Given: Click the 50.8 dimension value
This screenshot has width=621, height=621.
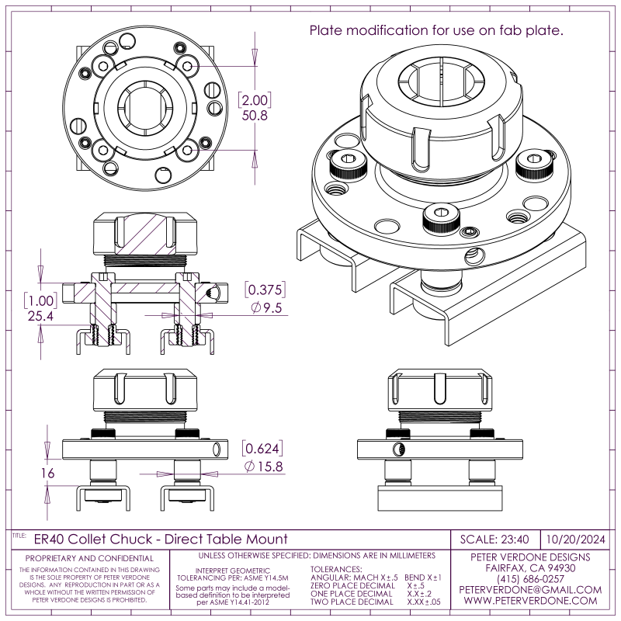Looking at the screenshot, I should (x=255, y=115).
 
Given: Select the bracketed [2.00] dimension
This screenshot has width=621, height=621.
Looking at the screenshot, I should (x=255, y=100).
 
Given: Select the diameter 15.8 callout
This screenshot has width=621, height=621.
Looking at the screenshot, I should (x=262, y=467).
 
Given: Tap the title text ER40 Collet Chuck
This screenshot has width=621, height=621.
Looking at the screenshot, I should (x=161, y=539).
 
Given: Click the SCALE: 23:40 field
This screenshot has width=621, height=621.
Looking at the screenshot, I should (x=494, y=539).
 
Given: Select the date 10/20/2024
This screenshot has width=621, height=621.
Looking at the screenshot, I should (x=575, y=539).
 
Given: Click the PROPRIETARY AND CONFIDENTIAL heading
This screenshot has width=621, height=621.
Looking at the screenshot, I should (x=89, y=558).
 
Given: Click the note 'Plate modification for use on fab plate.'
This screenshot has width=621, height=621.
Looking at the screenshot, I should (x=436, y=31).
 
